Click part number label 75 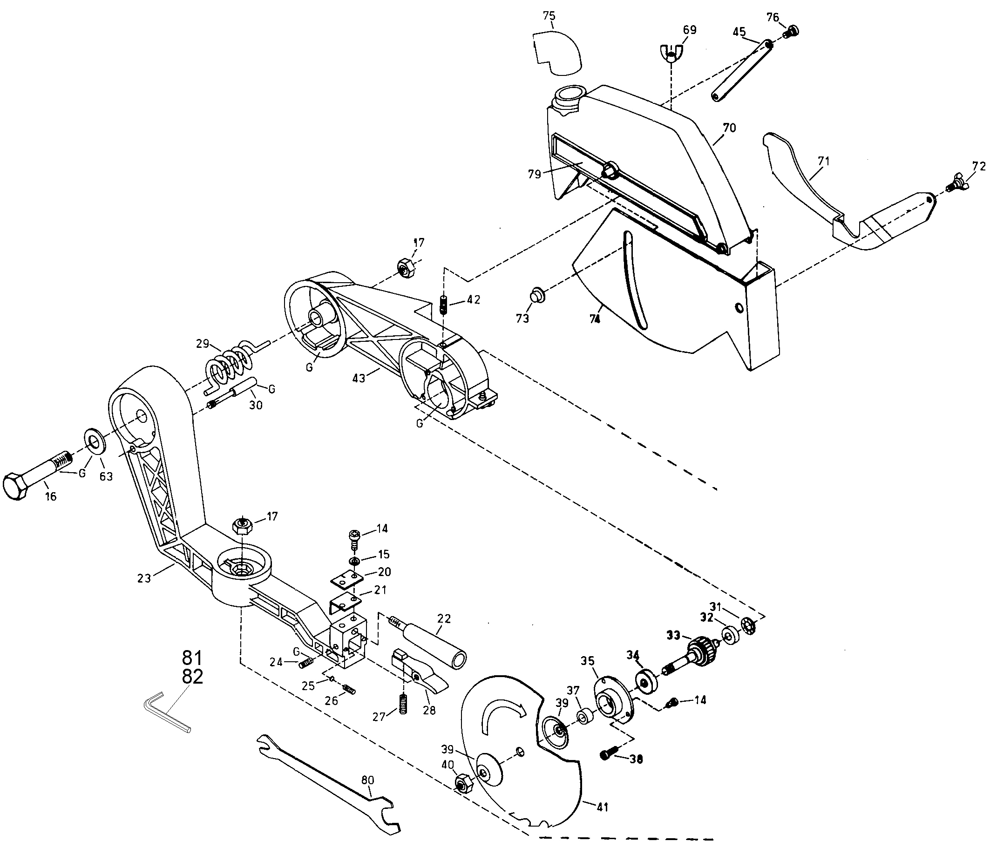tap(549, 16)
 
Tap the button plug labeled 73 tap(537, 295)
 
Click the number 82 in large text tap(193, 677)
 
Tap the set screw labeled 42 tap(444, 305)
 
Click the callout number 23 tap(144, 578)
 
